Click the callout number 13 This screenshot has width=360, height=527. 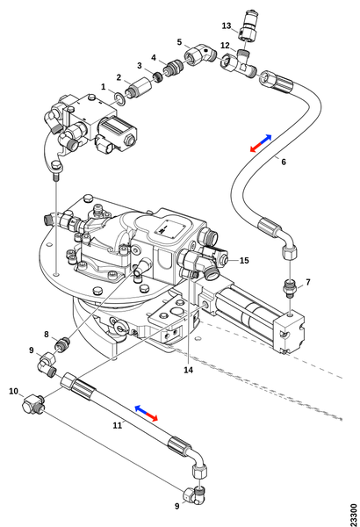(x=227, y=25)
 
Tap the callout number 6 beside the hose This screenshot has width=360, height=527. (x=284, y=162)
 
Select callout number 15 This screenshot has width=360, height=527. (x=244, y=261)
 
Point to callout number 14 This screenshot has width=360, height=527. (x=188, y=370)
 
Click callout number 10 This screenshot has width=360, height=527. (x=13, y=391)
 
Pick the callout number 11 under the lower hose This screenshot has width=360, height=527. (x=117, y=425)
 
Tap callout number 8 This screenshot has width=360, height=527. (x=46, y=335)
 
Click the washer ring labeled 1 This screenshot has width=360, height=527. (x=120, y=98)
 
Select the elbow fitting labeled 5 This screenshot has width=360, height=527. (x=200, y=54)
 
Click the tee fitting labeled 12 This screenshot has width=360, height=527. (x=240, y=64)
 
